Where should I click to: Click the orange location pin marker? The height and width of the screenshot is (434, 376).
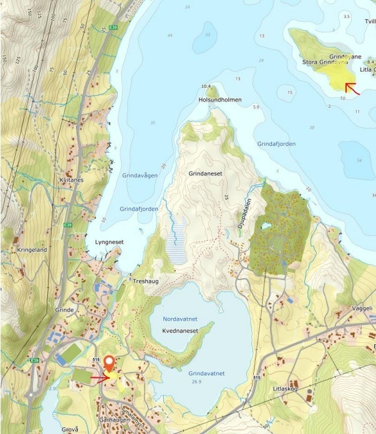tap(109, 363)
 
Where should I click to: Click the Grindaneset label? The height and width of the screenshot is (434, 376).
tap(206, 175)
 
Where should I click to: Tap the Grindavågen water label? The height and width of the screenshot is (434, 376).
tap(140, 175)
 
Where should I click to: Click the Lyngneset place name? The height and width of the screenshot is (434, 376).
tap(109, 242)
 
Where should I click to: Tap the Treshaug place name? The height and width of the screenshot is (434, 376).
tap(147, 281)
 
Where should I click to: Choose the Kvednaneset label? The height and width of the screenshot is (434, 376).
tap(180, 330)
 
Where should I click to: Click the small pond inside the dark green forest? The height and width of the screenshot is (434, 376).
tap(266, 226)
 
